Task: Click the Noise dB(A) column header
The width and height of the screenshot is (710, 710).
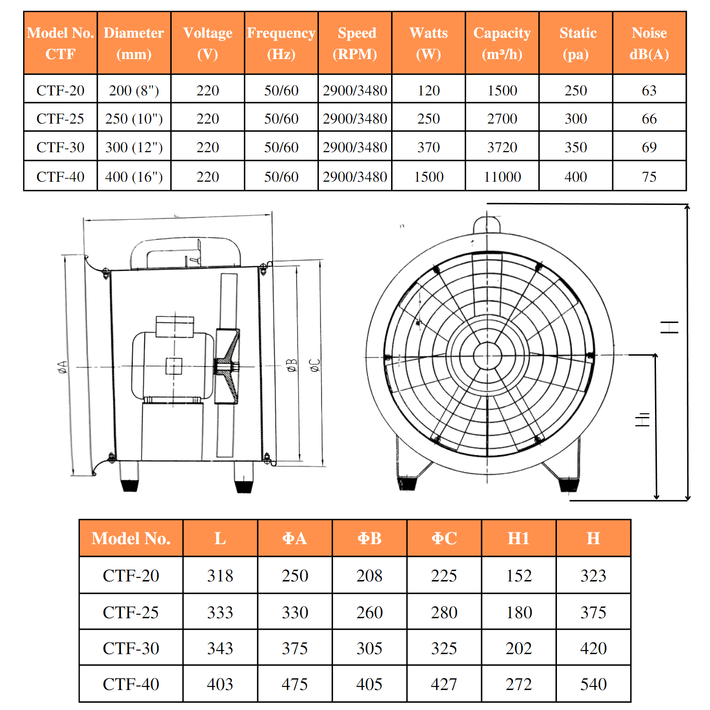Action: point(649,43)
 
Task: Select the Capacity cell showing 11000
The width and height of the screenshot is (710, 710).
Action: point(502,177)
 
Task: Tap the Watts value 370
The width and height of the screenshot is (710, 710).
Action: point(428,147)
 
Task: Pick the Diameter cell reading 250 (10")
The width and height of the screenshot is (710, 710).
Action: point(134,119)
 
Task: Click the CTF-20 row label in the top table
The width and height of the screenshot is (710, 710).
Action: point(60,90)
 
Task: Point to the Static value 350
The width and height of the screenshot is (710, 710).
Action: point(576,147)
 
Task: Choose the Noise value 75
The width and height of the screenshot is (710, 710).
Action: point(649,177)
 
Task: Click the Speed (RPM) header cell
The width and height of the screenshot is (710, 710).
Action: point(355,43)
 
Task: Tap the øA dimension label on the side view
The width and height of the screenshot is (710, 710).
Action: point(63,367)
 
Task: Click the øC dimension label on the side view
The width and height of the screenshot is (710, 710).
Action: point(315,365)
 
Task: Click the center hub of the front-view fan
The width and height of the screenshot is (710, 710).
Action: point(487,356)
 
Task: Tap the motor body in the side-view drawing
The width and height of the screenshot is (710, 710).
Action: point(173,366)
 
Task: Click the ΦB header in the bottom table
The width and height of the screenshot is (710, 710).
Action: point(369,538)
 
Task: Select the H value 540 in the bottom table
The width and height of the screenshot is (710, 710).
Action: point(593,684)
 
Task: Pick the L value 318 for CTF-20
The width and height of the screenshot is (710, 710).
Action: point(220,576)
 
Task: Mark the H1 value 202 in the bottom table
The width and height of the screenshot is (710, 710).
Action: point(519,648)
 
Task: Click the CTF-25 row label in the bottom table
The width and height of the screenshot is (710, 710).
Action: point(131,612)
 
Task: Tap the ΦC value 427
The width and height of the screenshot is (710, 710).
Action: point(444,684)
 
